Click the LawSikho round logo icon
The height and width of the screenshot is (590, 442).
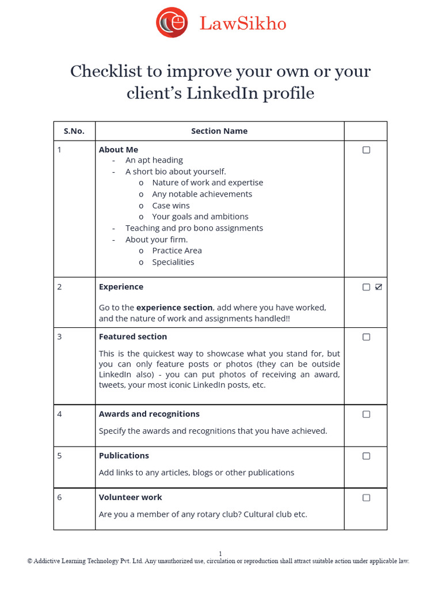[x=172, y=22]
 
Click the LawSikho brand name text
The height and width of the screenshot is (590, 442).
[x=242, y=24]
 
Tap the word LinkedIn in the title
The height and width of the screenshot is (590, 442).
[x=222, y=93]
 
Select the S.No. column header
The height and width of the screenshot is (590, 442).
[x=74, y=131]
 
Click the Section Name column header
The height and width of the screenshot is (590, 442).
[x=219, y=131]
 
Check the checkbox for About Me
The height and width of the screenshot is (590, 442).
[x=366, y=150]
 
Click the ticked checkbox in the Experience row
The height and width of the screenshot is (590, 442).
[x=378, y=287]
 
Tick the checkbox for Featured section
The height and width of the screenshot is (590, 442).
[x=366, y=337]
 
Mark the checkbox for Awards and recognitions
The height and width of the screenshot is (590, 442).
[x=366, y=414]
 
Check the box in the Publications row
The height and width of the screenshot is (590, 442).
[x=366, y=456]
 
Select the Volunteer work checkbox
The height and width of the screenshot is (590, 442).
[x=366, y=497]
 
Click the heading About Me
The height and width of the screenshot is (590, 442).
[x=119, y=149]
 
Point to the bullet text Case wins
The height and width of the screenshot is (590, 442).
[x=170, y=206]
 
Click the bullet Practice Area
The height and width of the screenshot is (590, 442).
[x=177, y=251]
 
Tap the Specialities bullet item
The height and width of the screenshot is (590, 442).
[x=173, y=262]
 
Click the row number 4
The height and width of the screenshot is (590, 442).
[x=60, y=414]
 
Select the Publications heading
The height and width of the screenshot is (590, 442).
[x=124, y=455]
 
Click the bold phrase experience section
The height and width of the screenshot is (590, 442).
[x=174, y=308]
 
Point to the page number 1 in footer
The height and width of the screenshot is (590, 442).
[x=220, y=553]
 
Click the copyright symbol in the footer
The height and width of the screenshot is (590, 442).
[x=30, y=561]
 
